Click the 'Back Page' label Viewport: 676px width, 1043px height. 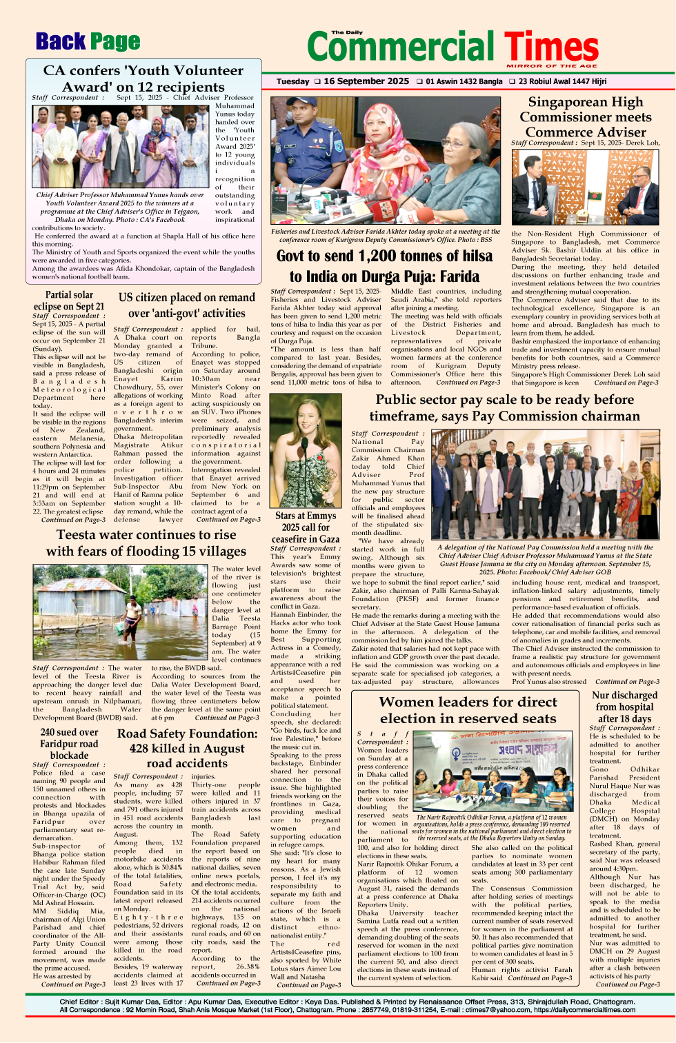(88, 41)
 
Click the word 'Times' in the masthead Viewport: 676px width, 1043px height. (551, 46)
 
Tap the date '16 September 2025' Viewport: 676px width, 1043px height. (366, 81)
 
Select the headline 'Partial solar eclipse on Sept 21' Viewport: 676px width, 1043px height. (69, 301)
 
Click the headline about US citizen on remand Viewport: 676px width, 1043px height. (187, 305)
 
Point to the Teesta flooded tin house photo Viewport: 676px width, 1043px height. (120, 612)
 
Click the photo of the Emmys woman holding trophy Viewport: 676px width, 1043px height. (306, 451)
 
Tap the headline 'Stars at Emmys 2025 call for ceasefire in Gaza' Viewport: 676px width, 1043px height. (306, 527)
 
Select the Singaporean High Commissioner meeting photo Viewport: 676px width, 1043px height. (585, 187)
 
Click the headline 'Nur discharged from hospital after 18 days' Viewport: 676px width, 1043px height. (624, 707)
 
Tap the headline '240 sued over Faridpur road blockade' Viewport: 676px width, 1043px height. (69, 744)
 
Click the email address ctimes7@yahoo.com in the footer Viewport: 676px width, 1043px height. (495, 1010)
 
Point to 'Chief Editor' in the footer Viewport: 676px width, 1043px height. (79, 1002)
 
